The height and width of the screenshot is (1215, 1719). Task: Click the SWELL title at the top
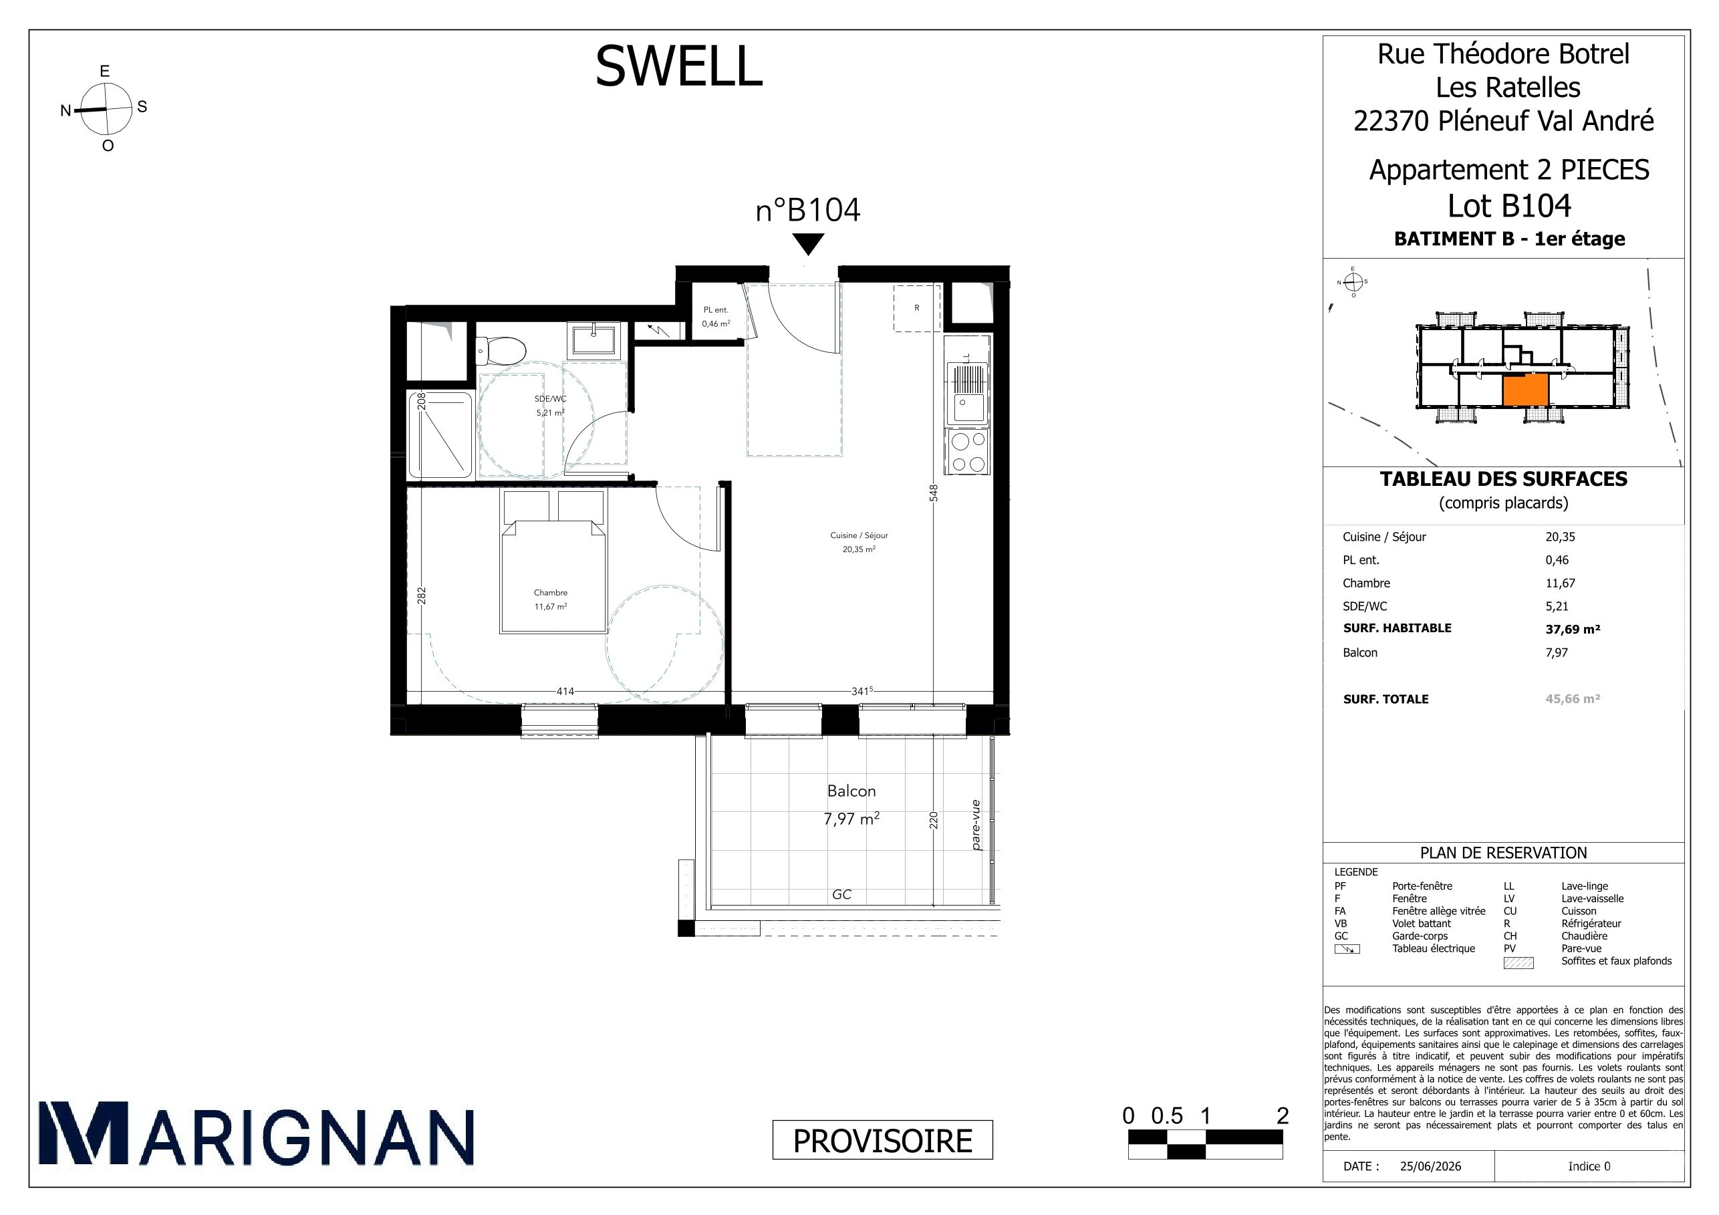(x=678, y=66)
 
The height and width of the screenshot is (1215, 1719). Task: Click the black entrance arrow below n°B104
(x=808, y=244)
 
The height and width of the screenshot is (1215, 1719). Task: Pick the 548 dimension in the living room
(x=934, y=493)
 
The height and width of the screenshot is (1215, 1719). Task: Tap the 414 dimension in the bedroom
(x=565, y=691)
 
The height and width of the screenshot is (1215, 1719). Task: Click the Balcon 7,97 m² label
(x=851, y=805)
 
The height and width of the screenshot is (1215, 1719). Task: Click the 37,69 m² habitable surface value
(x=1573, y=629)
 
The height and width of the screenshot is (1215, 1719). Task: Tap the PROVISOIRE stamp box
(x=883, y=1140)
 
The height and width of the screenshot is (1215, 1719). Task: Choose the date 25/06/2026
(x=1430, y=1166)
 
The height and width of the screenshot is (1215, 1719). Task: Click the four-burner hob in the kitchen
(x=966, y=452)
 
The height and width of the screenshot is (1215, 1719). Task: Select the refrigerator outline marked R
(x=917, y=307)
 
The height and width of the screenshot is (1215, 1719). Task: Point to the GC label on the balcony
(x=841, y=895)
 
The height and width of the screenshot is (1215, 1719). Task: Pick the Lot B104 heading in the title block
(x=1509, y=206)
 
